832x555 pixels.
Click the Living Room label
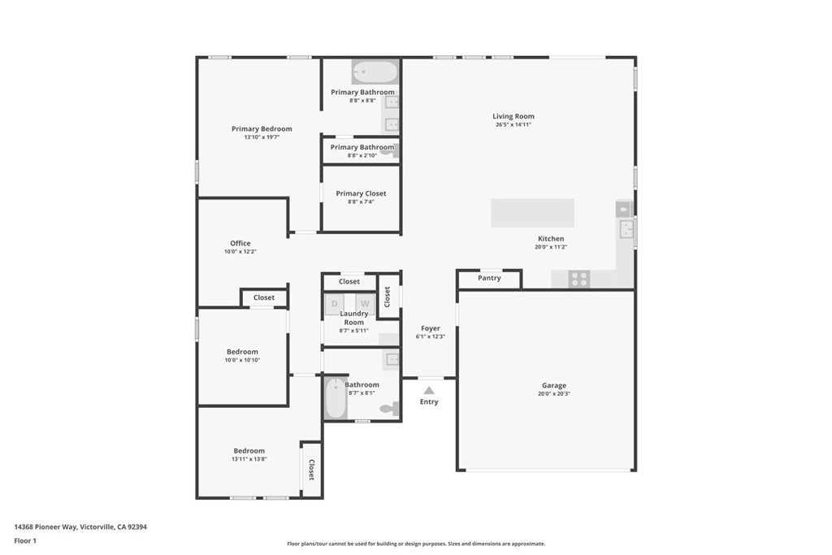click(513, 116)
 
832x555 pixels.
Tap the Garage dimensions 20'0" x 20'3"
click(554, 393)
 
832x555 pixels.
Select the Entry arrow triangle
click(429, 391)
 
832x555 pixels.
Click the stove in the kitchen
click(579, 279)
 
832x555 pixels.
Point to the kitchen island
click(533, 213)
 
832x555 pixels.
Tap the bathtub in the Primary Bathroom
click(375, 72)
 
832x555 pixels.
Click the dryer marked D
click(334, 304)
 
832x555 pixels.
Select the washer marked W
click(365, 304)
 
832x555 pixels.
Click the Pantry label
click(489, 278)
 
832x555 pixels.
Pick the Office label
click(240, 244)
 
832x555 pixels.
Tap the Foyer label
click(431, 328)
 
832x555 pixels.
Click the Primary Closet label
click(361, 193)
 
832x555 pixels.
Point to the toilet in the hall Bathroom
click(390, 409)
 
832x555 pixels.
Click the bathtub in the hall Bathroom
click(336, 398)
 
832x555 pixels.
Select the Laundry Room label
click(354, 318)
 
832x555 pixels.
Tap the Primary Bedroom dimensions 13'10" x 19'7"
click(262, 137)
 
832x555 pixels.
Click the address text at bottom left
click(80, 527)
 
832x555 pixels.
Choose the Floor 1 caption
click(25, 541)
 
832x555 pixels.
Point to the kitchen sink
click(627, 230)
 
